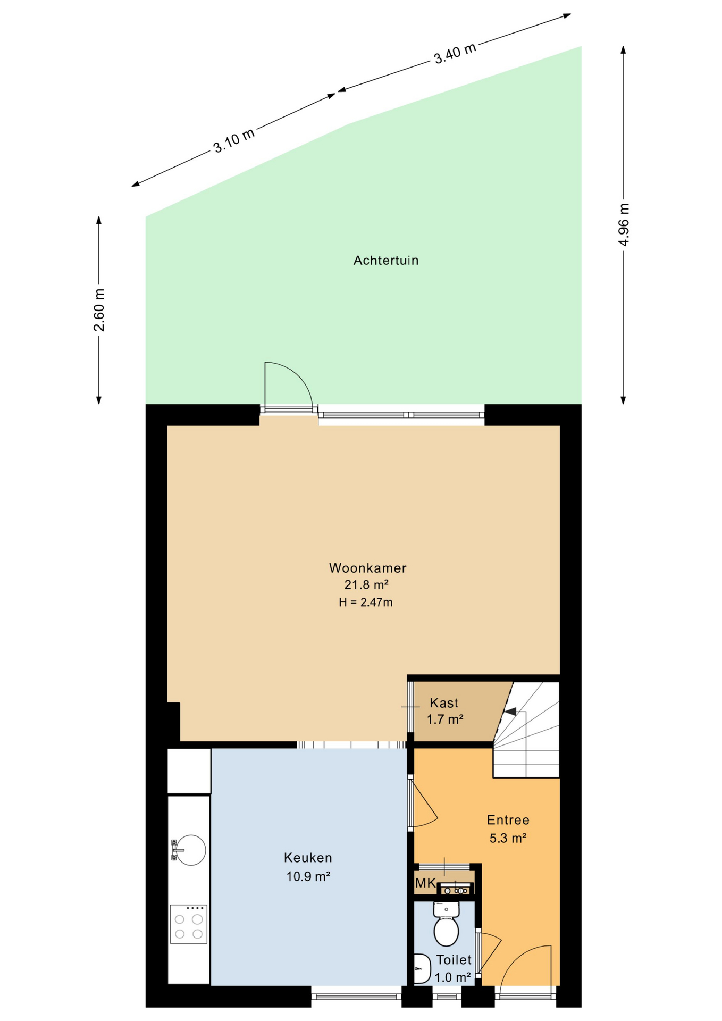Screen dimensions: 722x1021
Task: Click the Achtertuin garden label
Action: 386,261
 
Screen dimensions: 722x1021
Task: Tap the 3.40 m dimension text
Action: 455,53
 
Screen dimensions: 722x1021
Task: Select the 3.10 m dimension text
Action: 234,140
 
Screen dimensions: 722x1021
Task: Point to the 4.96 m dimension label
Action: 624,224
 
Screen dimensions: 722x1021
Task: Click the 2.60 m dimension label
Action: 99,310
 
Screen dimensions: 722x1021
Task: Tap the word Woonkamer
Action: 368,568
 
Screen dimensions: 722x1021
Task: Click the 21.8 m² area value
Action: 366,585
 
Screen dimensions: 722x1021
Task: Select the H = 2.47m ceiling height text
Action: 366,602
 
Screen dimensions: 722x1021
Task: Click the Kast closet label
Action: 444,703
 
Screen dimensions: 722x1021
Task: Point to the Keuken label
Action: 308,858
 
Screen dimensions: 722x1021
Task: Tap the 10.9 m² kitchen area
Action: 308,876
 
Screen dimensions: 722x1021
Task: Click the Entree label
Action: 508,820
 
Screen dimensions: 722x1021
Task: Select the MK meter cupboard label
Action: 425,884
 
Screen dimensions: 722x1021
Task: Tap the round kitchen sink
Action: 190,850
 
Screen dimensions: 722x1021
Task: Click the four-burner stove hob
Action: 188,925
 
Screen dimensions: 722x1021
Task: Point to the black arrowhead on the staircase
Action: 510,712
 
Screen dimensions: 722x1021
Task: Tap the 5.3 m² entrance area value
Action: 508,839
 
